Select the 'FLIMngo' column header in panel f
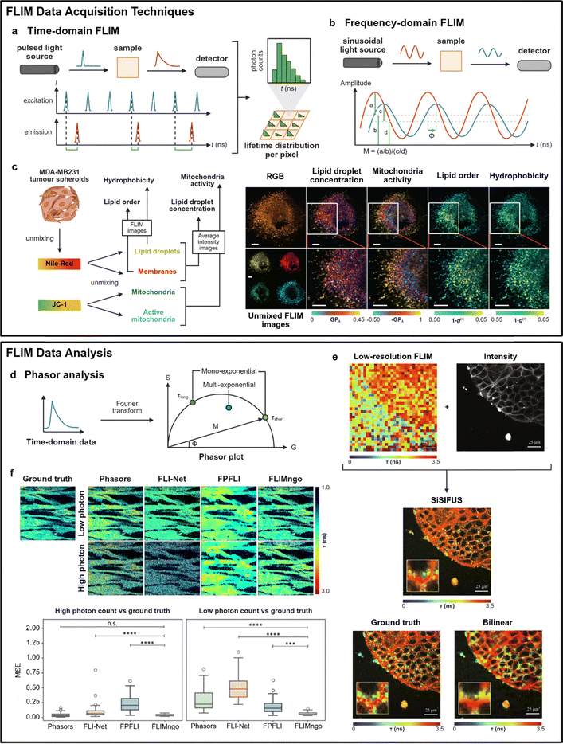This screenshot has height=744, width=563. (283, 478)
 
